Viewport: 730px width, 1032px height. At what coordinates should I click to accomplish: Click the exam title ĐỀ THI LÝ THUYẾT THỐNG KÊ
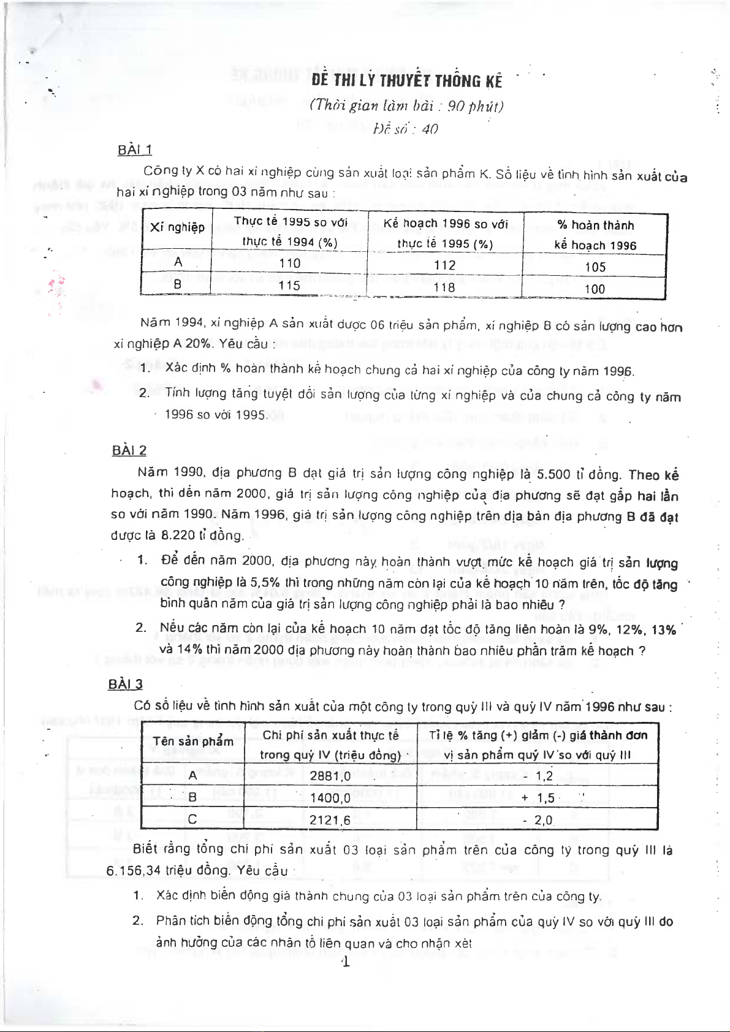(x=406, y=81)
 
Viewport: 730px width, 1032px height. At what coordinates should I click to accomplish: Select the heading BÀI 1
(x=135, y=150)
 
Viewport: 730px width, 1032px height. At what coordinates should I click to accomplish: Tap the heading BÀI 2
(x=129, y=450)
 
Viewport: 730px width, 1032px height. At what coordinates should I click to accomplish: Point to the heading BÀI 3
(x=126, y=684)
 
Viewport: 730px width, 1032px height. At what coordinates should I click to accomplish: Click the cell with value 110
(x=289, y=264)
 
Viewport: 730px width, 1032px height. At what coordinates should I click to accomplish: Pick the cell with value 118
(x=444, y=287)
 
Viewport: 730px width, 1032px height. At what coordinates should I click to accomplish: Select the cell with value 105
(x=595, y=267)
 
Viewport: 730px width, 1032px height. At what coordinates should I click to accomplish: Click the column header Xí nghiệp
(x=177, y=227)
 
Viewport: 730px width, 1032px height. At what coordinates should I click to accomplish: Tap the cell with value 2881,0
(x=330, y=776)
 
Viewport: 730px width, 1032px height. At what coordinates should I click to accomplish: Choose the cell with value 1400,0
(x=330, y=798)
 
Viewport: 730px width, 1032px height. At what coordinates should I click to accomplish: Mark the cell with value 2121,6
(x=330, y=820)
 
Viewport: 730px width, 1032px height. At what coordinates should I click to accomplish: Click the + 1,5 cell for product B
(x=538, y=798)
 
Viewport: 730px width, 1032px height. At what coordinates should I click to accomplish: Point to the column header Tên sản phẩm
(x=193, y=742)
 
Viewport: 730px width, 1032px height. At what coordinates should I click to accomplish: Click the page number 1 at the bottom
(x=346, y=963)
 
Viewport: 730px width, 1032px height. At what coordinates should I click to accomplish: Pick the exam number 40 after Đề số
(x=430, y=129)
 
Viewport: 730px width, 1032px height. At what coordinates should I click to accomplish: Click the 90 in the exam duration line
(x=457, y=106)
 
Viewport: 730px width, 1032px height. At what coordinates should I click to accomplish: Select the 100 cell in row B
(x=595, y=289)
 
